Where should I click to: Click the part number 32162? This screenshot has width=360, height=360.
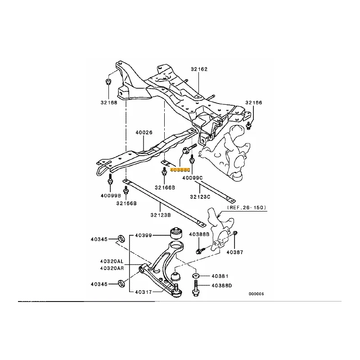pos(198,69)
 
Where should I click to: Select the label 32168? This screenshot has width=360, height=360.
pos(108,102)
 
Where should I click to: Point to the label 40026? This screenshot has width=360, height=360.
pos(144,133)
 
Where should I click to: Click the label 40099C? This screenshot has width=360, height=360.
pos(193,178)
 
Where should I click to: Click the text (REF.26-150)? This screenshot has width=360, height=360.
pos(247,207)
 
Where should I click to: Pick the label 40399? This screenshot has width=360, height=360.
pos(144,235)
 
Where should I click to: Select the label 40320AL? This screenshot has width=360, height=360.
pos(112,261)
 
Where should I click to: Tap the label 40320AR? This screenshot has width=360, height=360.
pos(112,268)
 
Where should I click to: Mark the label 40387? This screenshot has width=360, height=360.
pos(234,252)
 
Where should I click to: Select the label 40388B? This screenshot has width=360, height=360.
pos(199,234)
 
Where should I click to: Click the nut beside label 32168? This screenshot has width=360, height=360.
pos(108,81)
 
